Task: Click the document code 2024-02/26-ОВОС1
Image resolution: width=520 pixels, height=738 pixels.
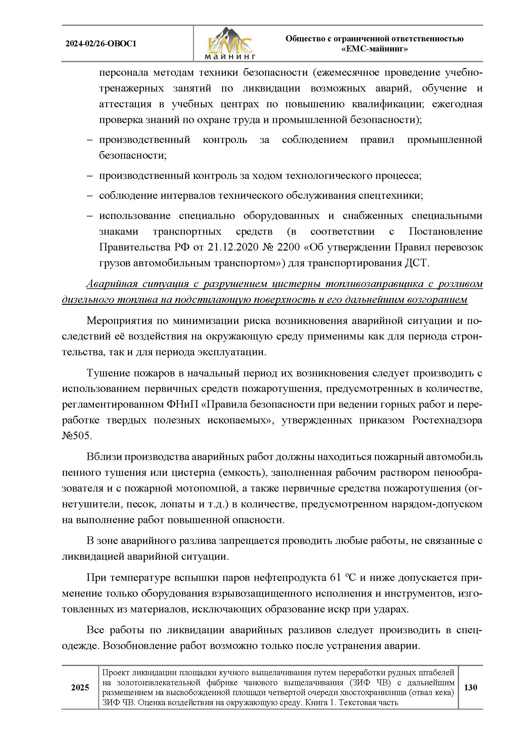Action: pyautogui.click(x=101, y=44)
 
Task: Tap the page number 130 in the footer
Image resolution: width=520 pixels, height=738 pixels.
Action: pyautogui.click(x=470, y=687)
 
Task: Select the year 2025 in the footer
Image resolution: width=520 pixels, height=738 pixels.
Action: pyautogui.click(x=80, y=688)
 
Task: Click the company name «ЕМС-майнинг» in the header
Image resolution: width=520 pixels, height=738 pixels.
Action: pyautogui.click(x=374, y=49)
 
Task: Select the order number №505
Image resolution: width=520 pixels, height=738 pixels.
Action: pyautogui.click(x=77, y=436)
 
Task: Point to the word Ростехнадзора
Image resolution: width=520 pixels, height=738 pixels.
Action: pyautogui.click(x=447, y=420)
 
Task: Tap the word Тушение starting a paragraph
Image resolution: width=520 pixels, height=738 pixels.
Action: pyautogui.click(x=108, y=373)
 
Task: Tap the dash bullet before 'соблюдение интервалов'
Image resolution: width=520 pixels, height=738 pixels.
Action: pyautogui.click(x=90, y=196)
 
